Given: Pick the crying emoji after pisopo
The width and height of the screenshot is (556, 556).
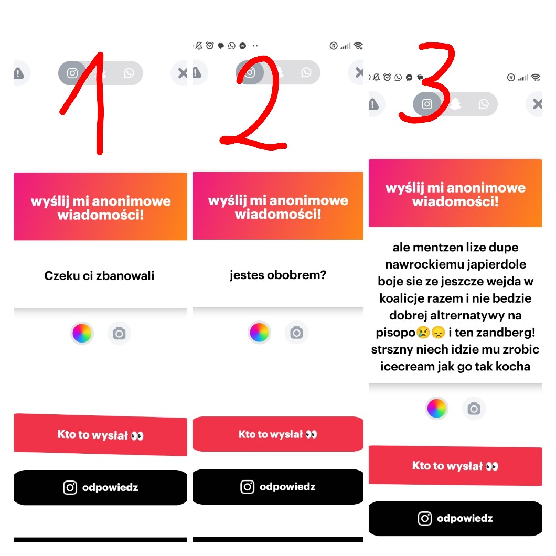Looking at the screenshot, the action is coord(423,332).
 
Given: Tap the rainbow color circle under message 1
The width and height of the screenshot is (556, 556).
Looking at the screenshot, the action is coord(82,333).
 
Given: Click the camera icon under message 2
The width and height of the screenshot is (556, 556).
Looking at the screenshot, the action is coord(296,333).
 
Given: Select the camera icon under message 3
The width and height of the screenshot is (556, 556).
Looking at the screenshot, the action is coord(474,409).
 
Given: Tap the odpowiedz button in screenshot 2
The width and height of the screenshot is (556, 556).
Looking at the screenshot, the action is coord(278,487).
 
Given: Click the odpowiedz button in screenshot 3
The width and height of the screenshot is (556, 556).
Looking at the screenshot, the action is coord(455,518).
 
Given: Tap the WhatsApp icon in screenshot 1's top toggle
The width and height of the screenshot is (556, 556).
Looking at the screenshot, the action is coord(129,73).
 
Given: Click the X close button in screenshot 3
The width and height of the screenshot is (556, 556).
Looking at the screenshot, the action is coord(537,104).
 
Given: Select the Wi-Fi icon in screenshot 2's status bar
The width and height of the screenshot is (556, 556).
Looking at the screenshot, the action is coord(358,46).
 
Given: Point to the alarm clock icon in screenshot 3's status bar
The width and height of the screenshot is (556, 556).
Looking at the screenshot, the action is coord(387,77).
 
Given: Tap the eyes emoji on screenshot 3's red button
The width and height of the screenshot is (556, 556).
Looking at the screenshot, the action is coord(492,466).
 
